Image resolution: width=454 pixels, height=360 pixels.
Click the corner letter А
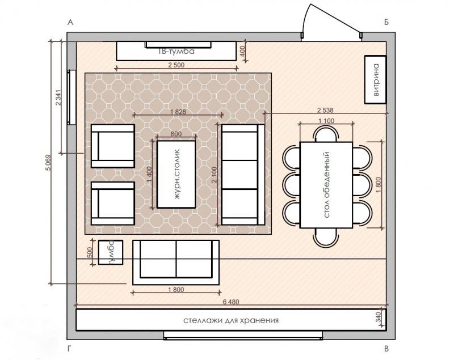70,22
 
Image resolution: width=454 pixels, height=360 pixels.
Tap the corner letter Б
386,22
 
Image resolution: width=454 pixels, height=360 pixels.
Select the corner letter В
386,349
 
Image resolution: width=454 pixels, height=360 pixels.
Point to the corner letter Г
69,349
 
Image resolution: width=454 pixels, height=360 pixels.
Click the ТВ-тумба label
176,52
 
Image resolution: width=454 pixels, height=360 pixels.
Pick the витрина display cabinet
376,79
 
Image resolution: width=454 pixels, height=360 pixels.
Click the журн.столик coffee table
176,174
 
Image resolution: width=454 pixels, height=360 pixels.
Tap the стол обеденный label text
327,185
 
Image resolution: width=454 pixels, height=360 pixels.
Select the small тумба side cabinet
111,252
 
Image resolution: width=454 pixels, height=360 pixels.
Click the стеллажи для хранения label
231,320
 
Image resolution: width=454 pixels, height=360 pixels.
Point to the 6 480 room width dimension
231,302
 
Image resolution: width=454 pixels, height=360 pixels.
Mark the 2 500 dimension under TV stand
176,65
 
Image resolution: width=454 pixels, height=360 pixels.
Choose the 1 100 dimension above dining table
326,121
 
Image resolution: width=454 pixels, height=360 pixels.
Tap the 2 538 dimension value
325,110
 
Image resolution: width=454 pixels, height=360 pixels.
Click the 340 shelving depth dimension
379,317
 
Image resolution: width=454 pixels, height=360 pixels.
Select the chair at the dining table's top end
326,133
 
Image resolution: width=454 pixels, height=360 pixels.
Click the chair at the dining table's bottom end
326,238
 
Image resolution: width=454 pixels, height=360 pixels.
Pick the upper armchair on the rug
112,146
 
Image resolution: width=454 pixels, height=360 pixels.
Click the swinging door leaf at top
335,18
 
